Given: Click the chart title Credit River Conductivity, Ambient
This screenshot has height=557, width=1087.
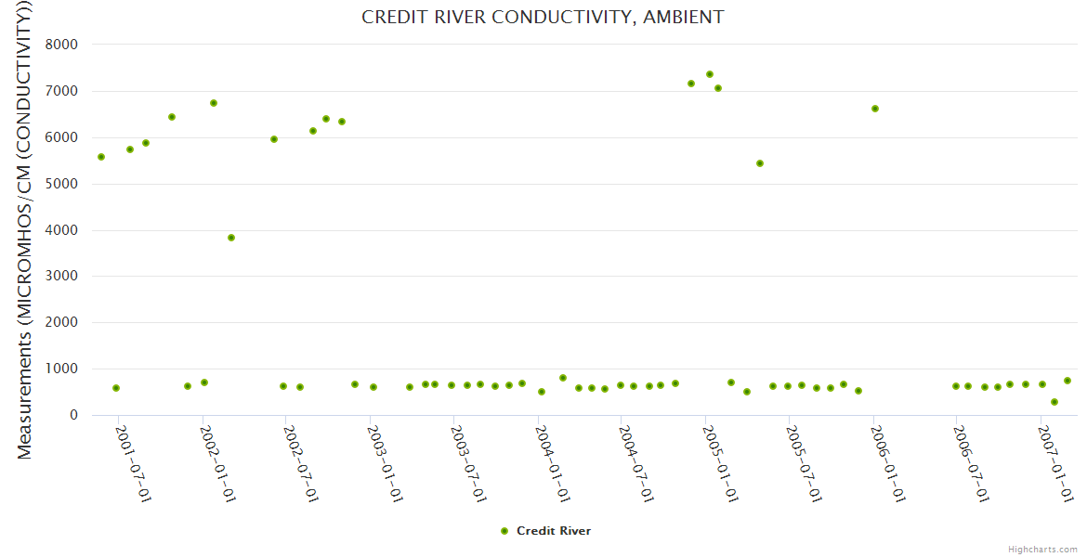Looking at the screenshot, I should click(x=543, y=18).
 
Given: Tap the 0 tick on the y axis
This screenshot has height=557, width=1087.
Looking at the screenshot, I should click(x=72, y=416).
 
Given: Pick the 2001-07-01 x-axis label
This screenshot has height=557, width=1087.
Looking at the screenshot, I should click(x=133, y=463).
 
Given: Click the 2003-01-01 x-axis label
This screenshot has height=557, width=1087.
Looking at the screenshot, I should click(x=385, y=463).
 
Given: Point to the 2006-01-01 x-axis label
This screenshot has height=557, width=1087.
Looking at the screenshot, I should click(x=888, y=463).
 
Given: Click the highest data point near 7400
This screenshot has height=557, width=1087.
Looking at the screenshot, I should click(x=710, y=74).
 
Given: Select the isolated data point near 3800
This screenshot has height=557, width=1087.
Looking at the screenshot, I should click(x=231, y=238).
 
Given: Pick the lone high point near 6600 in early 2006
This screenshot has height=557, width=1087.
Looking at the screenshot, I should click(x=875, y=109).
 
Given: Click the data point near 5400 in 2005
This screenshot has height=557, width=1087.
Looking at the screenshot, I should click(x=760, y=163).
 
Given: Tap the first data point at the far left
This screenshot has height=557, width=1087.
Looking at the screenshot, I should click(x=101, y=157).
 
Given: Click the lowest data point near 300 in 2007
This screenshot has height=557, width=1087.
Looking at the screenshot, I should click(x=1054, y=402).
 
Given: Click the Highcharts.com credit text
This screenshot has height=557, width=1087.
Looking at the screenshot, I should click(x=1042, y=549).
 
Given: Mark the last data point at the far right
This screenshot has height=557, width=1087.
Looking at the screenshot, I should click(x=1067, y=381).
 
